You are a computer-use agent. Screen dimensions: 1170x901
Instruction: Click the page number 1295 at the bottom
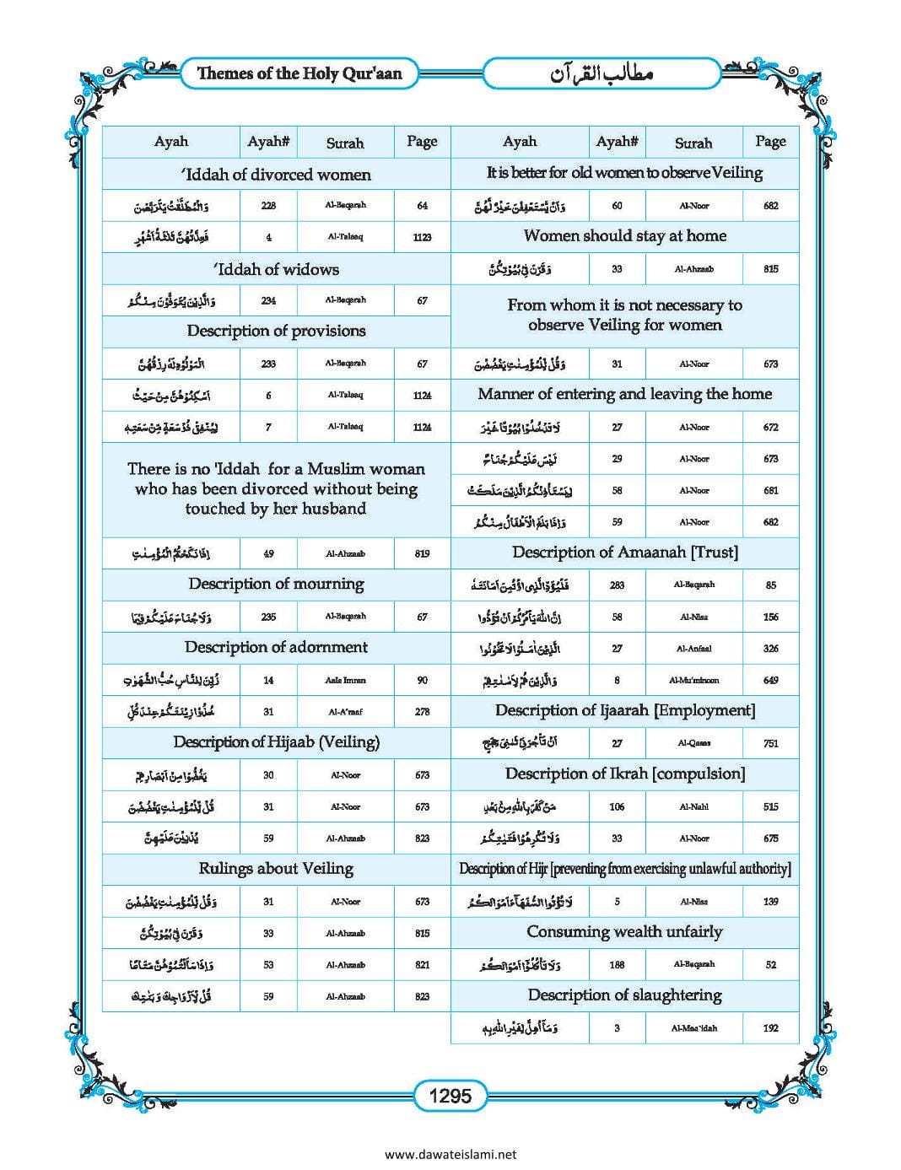pos(450,1096)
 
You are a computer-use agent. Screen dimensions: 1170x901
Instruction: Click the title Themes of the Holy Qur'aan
pos(299,73)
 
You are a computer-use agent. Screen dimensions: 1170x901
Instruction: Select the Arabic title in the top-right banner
pos(602,74)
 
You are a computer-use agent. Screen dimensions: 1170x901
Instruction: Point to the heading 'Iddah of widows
pos(277,269)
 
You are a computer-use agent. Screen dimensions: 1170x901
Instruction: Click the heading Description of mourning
pos(277,584)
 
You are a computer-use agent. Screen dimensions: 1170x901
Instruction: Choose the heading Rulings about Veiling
pos(277,868)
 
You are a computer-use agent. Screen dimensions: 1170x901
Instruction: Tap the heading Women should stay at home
pos(624,236)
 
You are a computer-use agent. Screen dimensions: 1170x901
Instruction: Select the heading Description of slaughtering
pos(624,995)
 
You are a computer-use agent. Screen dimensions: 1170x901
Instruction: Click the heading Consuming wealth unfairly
pos(624,932)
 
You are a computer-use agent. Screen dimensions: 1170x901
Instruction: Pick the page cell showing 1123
pos(422,238)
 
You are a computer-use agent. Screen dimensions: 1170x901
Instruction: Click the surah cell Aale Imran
pos(345,680)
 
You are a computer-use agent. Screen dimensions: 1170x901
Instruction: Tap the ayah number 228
pos(268,206)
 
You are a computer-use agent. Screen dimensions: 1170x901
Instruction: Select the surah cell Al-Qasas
pos(693,743)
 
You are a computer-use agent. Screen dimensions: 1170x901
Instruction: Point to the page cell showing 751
pos(770,743)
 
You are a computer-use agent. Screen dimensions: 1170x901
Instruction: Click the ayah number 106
pos(617,807)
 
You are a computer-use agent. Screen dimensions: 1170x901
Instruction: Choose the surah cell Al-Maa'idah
pos(693,1028)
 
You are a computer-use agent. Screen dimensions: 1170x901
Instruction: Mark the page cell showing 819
pos(422,554)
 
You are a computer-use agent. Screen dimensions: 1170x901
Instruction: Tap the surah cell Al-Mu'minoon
pos(693,680)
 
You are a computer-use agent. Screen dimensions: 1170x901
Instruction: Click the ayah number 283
pos(617,585)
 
